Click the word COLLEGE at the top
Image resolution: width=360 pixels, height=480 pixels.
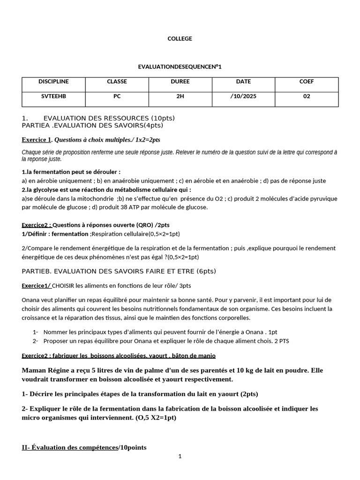tap(180, 38)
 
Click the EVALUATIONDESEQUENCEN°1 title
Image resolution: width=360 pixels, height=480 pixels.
tap(180, 67)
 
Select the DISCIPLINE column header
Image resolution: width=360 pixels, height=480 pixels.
tap(53, 82)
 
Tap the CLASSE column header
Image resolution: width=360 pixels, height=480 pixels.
tap(117, 82)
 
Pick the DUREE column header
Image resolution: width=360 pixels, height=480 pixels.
tap(180, 82)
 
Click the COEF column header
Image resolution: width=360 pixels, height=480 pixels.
tap(307, 82)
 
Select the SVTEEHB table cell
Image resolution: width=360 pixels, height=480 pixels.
tap(53, 96)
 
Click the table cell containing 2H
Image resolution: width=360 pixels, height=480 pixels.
tap(180, 96)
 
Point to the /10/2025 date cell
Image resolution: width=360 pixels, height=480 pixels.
tap(243, 96)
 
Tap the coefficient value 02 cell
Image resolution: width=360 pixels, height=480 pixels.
tap(307, 96)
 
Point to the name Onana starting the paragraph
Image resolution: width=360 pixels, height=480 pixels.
tap(31, 300)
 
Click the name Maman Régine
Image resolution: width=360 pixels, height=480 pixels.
tap(45, 370)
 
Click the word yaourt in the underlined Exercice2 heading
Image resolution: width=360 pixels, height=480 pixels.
tap(163, 356)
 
